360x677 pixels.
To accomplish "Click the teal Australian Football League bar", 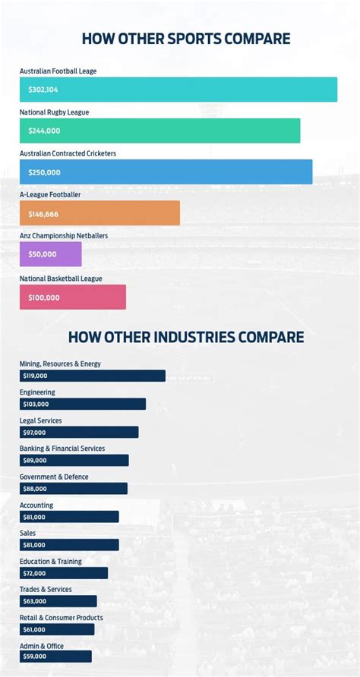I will [178, 90].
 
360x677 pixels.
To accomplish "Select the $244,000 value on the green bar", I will [44, 131].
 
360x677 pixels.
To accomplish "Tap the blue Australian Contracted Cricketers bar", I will [166, 172].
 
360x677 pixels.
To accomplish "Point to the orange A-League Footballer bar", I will [99, 214].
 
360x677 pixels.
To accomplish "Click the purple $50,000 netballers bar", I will [50, 255].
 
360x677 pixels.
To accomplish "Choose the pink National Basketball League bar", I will [73, 297].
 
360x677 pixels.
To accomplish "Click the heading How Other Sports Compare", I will [186, 38].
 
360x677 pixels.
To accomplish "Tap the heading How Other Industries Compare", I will [186, 336].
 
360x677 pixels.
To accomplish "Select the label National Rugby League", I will [54, 112].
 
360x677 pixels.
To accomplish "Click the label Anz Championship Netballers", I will [64, 236].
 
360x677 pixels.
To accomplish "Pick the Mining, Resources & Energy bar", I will [93, 376].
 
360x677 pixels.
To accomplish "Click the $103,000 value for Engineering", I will [36, 405].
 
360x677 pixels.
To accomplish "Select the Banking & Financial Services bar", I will [74, 461].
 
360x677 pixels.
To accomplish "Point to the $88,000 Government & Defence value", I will [35, 489].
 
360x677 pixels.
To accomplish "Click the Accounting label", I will [36, 505].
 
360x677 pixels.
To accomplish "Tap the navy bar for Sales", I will [69, 545].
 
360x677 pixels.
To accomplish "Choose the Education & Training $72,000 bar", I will [64, 573].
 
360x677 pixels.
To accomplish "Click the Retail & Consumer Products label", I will [62, 618].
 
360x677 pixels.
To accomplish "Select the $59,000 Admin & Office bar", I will [55, 657].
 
